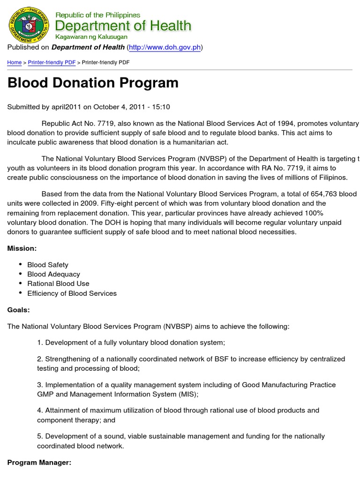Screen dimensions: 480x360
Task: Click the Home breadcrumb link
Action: (x=14, y=62)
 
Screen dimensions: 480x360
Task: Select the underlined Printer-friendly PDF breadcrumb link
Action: (x=52, y=62)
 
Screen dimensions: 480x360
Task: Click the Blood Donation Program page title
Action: (x=93, y=83)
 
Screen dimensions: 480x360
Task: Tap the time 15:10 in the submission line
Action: (x=161, y=107)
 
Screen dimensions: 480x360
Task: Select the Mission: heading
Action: (x=22, y=248)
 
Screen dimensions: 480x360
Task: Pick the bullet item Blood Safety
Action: (x=48, y=265)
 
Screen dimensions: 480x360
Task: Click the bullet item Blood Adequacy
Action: (x=53, y=274)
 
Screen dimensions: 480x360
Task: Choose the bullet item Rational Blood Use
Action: (x=58, y=284)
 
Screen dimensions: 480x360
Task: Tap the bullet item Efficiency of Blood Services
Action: (x=72, y=293)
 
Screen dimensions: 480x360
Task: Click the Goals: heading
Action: (x=19, y=310)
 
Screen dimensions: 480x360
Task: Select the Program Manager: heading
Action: (x=39, y=463)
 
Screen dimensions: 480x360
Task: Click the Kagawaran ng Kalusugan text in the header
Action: (x=94, y=37)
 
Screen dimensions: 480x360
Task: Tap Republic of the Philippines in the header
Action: (x=98, y=15)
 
